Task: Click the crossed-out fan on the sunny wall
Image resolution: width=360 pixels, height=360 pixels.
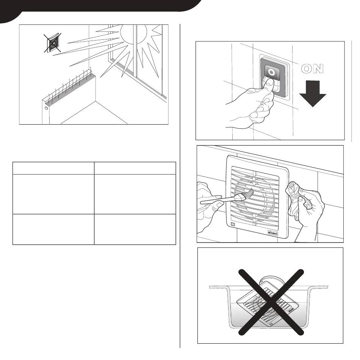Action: click(53, 43)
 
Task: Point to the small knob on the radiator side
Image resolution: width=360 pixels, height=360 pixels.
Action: click(46, 108)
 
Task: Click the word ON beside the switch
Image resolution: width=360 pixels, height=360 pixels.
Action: click(313, 69)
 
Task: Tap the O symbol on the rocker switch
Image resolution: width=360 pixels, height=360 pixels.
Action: click(272, 72)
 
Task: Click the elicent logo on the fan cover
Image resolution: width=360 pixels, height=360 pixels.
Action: click(273, 233)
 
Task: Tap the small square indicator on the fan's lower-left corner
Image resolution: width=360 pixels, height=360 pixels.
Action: click(233, 224)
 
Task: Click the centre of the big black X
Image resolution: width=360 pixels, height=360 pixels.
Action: click(271, 302)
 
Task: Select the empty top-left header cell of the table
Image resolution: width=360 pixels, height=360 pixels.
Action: click(53, 168)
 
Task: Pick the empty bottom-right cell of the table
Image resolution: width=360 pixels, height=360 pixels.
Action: click(135, 229)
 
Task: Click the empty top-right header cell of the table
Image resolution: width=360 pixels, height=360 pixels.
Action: click(135, 168)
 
